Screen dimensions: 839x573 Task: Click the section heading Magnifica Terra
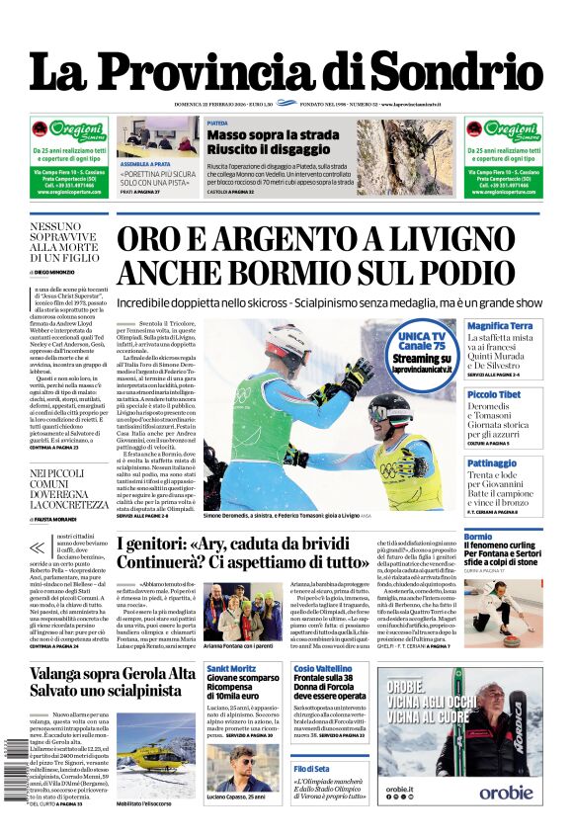pyautogui.click(x=500, y=326)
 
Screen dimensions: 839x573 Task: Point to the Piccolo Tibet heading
pyautogui.click(x=494, y=394)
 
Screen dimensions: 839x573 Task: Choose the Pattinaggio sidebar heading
pyautogui.click(x=492, y=462)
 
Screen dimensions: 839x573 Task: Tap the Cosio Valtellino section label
pyautogui.click(x=323, y=669)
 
